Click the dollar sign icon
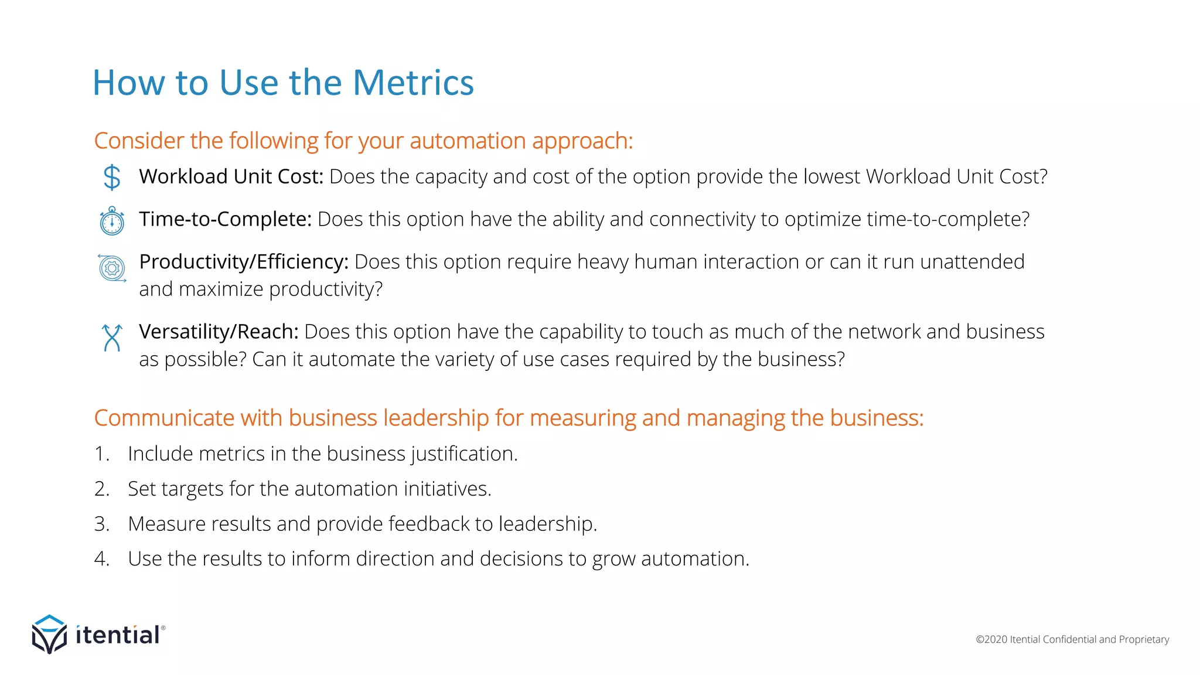click(x=111, y=177)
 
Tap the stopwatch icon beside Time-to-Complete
click(x=112, y=221)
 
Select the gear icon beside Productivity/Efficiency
click(x=112, y=268)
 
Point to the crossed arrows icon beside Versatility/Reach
click(x=112, y=338)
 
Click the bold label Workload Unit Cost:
click(x=231, y=176)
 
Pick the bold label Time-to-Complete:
click(x=225, y=219)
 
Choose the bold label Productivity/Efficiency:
click(x=244, y=262)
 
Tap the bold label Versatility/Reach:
click(x=219, y=332)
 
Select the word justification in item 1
click(x=464, y=454)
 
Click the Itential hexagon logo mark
click(x=49, y=634)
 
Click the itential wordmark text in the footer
click(x=118, y=635)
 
